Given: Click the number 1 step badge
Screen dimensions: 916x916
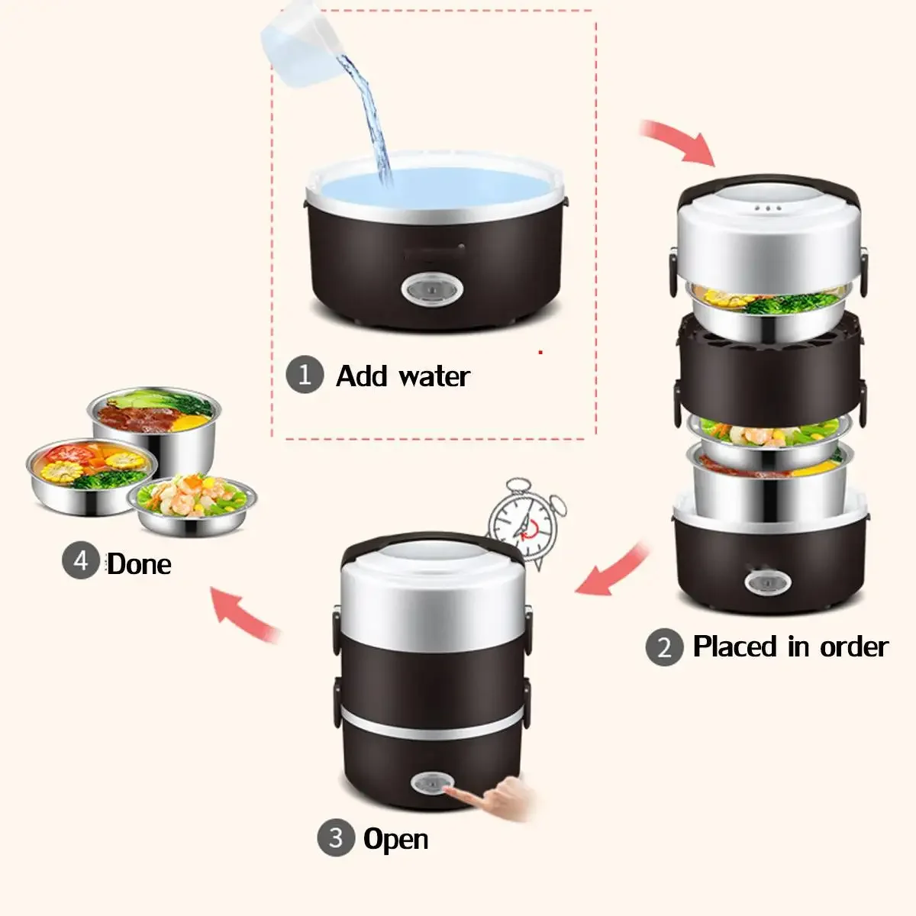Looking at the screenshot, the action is coord(305,374).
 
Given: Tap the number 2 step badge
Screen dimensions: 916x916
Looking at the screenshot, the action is coord(664,647).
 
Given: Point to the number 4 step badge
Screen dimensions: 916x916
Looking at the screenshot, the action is coord(81,560).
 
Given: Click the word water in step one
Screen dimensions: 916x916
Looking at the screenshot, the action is coord(434,376).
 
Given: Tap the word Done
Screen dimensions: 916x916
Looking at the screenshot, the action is coord(139,564).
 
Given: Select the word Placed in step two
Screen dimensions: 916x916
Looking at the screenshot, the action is coord(735,647).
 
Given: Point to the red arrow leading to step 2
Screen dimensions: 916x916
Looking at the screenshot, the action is coord(679,140).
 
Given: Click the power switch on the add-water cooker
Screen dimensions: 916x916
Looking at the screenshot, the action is coord(432,289).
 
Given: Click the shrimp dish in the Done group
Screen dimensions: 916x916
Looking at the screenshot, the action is coord(192,505).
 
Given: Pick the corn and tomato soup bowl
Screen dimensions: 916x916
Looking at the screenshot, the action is coord(92,476).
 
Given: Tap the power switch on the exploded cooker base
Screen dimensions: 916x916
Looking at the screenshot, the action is coord(767,582).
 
